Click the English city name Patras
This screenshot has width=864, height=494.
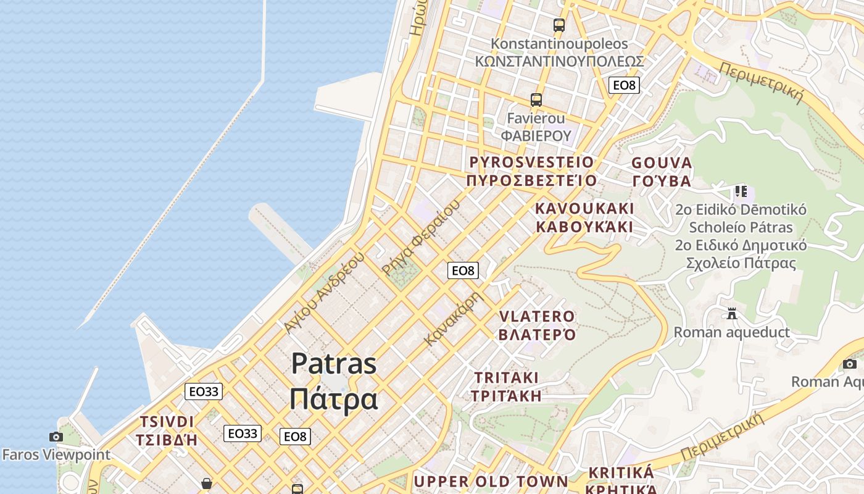pyautogui.click(x=333, y=363)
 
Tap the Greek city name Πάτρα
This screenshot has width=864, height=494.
pyautogui.click(x=333, y=398)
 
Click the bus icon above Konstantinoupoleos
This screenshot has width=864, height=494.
pyautogui.click(x=559, y=25)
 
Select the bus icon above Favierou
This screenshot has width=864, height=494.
pyautogui.click(x=536, y=99)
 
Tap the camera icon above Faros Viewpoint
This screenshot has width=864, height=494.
pyautogui.click(x=56, y=437)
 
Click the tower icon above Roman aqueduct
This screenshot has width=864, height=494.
pyautogui.click(x=732, y=314)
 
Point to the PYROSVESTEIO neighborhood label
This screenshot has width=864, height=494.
pyautogui.click(x=531, y=162)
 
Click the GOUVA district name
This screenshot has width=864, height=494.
pyautogui.click(x=662, y=163)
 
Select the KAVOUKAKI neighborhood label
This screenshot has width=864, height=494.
pyautogui.click(x=584, y=207)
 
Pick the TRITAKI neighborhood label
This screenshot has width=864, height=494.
pyautogui.click(x=506, y=377)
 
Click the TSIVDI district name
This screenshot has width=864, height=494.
pyautogui.click(x=167, y=422)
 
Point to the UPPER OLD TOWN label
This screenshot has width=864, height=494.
pyautogui.click(x=491, y=481)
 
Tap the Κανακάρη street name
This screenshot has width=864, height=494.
pyautogui.click(x=452, y=319)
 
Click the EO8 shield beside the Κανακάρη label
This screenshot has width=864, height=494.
pyautogui.click(x=463, y=270)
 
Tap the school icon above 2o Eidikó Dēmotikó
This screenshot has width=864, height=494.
pyautogui.click(x=741, y=191)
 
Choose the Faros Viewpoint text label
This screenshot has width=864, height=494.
pyautogui.click(x=56, y=455)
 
